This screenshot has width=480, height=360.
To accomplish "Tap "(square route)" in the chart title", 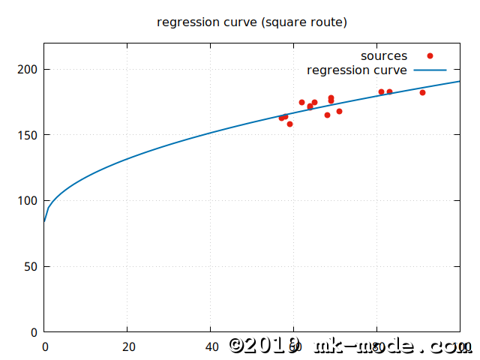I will [x=305, y=22].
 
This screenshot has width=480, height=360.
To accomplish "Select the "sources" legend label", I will [x=384, y=56].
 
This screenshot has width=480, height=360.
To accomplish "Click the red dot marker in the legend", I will [x=430, y=56].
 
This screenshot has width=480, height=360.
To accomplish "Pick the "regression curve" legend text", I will [x=357, y=70].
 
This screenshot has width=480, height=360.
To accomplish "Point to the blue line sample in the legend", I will [x=430, y=70].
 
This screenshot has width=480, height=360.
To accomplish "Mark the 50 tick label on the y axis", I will [x=32, y=266].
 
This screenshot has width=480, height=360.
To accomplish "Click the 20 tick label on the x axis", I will [x=128, y=347].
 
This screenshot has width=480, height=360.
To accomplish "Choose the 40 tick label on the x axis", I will [x=211, y=347].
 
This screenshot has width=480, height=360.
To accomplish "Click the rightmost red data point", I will [x=422, y=92].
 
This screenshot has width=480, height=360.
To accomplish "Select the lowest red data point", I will [x=289, y=124].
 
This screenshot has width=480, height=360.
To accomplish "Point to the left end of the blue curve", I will [x=44, y=221].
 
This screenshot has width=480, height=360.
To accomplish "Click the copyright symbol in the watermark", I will [x=238, y=345].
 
